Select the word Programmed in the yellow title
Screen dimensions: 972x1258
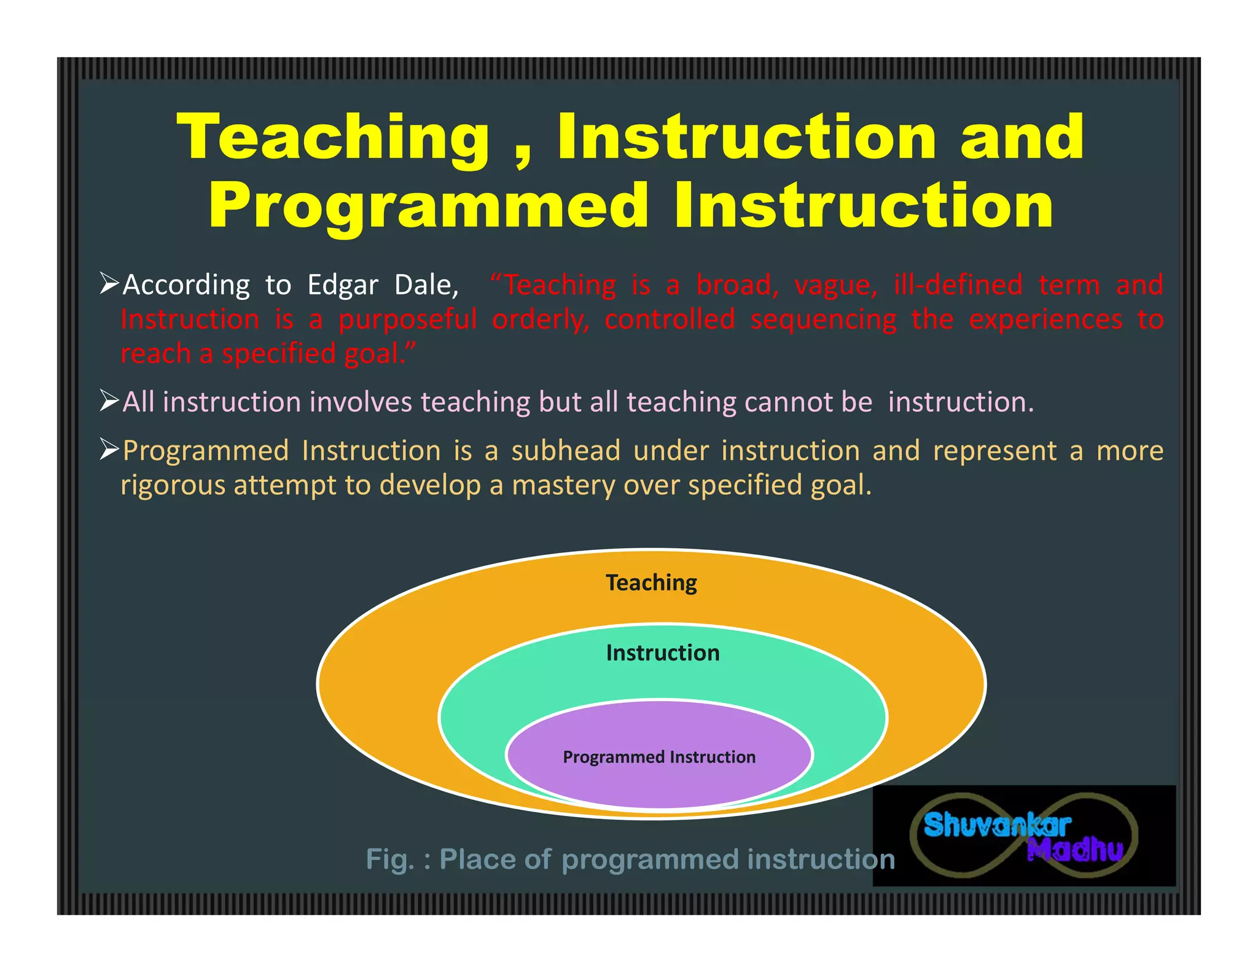point(429,207)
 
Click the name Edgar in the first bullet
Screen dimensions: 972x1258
point(343,286)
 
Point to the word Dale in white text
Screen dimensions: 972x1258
point(425,285)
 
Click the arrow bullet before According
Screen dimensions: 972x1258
point(109,284)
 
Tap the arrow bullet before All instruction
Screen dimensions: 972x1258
point(109,401)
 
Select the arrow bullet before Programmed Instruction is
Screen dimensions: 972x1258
point(109,450)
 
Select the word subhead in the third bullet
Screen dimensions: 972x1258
point(565,451)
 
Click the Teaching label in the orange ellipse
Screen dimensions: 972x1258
point(651,582)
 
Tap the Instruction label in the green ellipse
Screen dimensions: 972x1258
point(662,653)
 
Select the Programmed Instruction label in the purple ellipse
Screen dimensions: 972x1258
point(659,757)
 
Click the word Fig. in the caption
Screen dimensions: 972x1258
point(389,859)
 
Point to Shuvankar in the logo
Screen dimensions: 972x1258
point(996,825)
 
